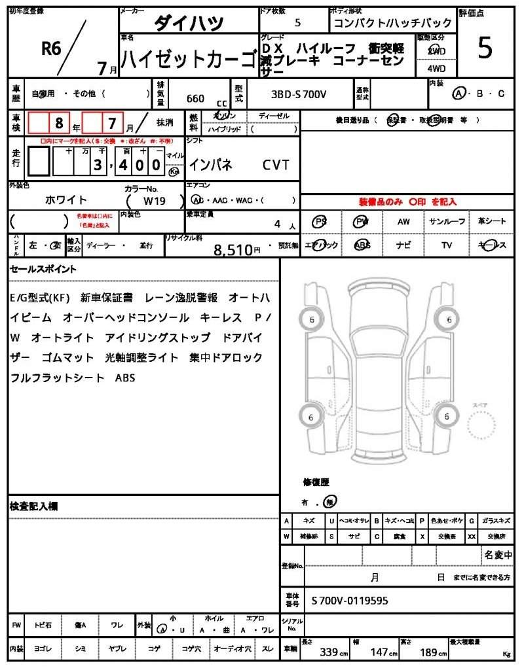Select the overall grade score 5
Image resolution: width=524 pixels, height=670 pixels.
point(485,48)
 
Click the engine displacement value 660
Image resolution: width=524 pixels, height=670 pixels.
point(195,98)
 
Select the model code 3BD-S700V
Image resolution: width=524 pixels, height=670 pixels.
point(299,95)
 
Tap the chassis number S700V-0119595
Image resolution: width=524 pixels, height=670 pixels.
point(349,599)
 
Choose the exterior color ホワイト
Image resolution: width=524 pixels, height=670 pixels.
point(65,200)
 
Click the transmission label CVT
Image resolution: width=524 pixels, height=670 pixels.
point(276,165)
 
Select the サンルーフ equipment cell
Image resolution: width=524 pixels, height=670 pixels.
point(447,222)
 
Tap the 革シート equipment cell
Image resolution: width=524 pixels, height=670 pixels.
point(492,222)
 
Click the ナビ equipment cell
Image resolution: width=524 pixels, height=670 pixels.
point(403,245)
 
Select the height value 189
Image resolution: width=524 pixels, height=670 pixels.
point(429,652)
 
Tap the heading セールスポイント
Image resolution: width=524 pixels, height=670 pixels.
point(43,269)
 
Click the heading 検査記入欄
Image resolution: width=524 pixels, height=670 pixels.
point(34,506)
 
